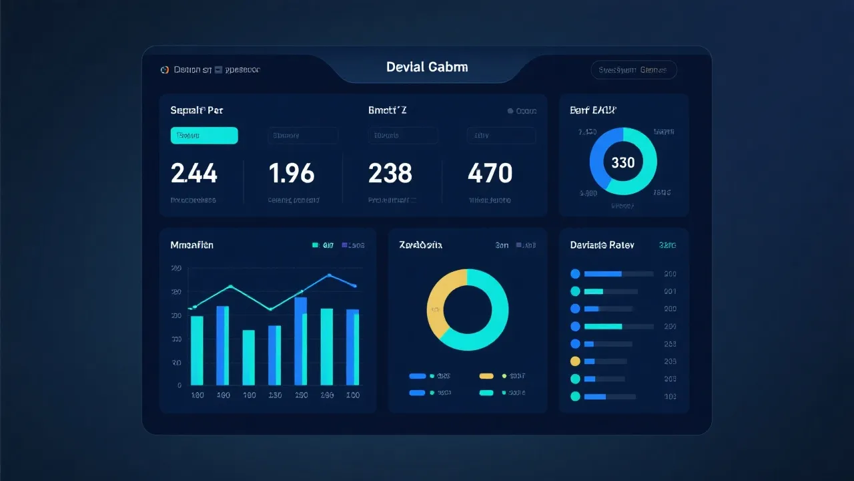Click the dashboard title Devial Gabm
[427, 67]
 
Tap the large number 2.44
[194, 174]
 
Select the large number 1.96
[292, 174]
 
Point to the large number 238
[390, 174]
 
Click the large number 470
[490, 174]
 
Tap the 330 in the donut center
[623, 162]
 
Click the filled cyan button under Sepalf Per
[204, 136]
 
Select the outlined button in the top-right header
[634, 70]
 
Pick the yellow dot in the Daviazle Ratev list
[575, 361]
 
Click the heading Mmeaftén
[192, 245]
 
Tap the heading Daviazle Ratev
[602, 245]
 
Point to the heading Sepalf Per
[196, 110]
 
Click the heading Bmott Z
[388, 110]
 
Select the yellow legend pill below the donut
[486, 376]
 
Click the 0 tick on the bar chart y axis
[179, 385]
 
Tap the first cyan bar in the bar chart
[197, 350]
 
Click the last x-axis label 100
[353, 395]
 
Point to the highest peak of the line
[329, 275]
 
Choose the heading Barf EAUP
[593, 110]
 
